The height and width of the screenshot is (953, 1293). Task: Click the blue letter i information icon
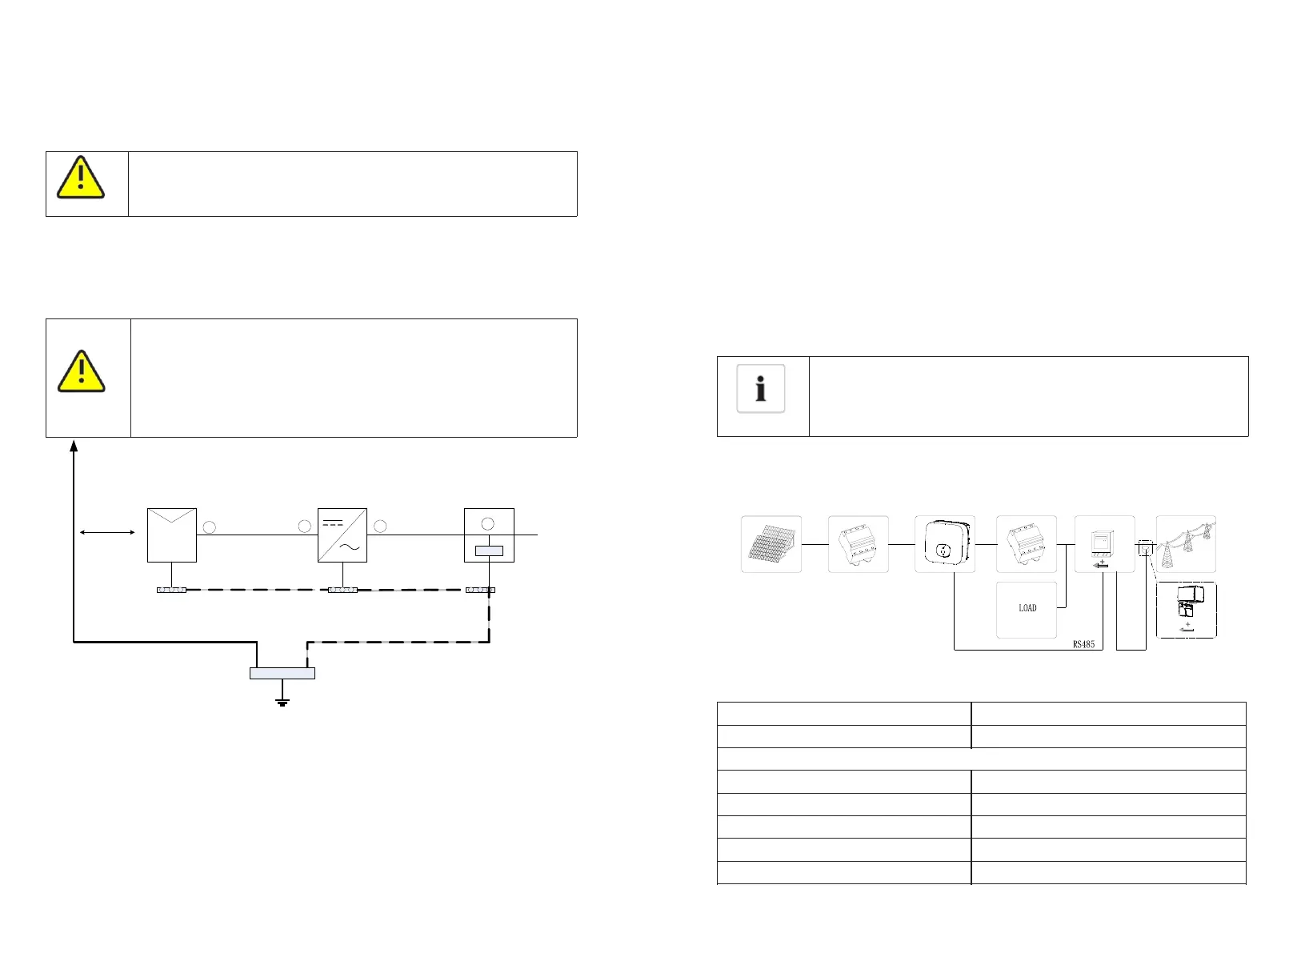(760, 389)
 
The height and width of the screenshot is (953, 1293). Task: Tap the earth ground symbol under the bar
(282, 703)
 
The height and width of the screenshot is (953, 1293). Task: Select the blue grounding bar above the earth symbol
(282, 673)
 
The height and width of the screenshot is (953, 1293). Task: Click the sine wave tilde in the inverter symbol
(350, 548)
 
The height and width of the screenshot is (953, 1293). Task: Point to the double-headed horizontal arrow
(107, 532)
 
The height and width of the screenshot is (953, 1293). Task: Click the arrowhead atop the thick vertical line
(74, 446)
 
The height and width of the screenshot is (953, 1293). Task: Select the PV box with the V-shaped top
(172, 535)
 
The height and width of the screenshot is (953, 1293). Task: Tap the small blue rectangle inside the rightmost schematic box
(489, 551)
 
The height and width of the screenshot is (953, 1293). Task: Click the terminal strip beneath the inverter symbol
(342, 590)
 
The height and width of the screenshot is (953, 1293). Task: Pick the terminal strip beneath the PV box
(171, 590)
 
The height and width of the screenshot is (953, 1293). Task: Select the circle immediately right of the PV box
(209, 527)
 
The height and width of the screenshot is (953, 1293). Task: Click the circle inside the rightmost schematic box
(487, 524)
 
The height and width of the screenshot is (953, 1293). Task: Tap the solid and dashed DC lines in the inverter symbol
(332, 523)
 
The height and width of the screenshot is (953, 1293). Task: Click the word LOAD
(1027, 608)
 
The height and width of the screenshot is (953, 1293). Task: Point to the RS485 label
(1083, 644)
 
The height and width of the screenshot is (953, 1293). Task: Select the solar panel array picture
(771, 544)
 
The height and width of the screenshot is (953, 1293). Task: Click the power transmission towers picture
(1187, 544)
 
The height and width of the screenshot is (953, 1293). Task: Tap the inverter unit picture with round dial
(945, 544)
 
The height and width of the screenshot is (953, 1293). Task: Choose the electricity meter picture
(1104, 544)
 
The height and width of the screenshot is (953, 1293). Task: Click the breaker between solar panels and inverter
(858, 544)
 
